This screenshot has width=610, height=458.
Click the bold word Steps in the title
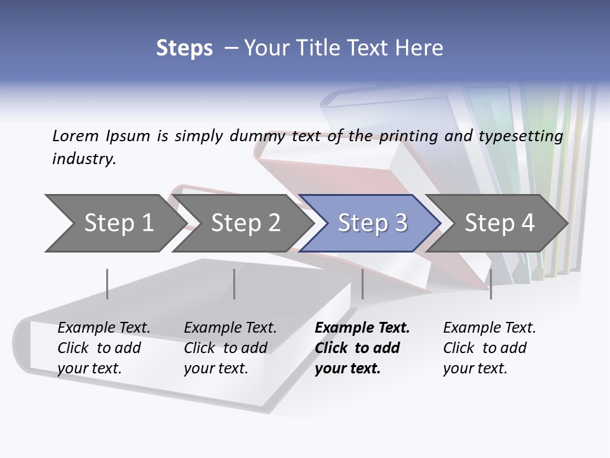(184, 48)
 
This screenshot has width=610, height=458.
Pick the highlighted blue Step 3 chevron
(372, 223)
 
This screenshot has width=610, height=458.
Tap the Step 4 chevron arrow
(499, 223)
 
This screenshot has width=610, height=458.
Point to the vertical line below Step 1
(107, 284)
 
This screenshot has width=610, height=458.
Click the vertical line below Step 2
(234, 284)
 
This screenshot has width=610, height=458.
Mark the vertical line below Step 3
(363, 284)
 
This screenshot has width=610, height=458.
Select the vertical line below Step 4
(491, 284)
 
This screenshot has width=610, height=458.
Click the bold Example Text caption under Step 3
(362, 348)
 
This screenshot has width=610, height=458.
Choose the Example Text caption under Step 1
(104, 348)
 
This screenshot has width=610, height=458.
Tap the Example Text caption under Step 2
(230, 348)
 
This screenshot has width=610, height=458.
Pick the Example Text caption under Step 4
(489, 348)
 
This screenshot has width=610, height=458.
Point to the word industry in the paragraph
(84, 159)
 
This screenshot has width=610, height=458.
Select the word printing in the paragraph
(407, 136)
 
